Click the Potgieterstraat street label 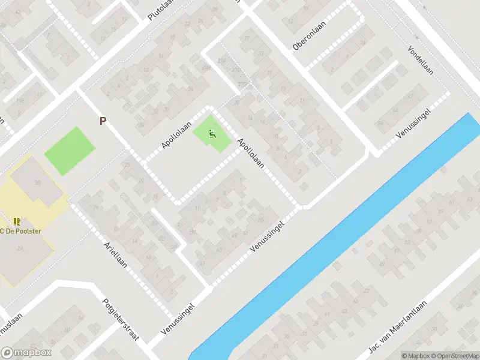[121, 319]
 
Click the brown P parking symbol [103, 121]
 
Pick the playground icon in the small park [211, 134]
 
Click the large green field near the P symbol [70, 150]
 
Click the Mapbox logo [26, 353]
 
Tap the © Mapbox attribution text [416, 355]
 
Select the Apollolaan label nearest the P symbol [176, 135]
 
